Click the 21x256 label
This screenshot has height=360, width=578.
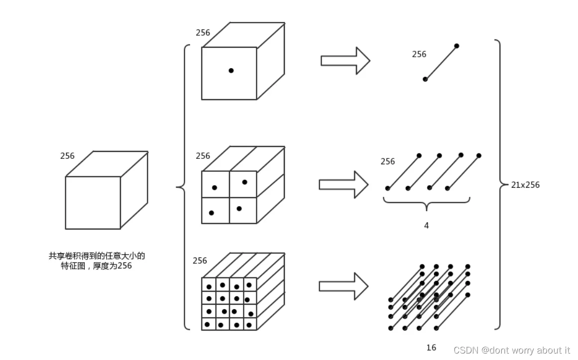click(x=525, y=185)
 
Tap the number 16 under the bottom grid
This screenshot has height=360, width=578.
click(x=431, y=348)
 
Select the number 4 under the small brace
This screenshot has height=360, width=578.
click(x=427, y=226)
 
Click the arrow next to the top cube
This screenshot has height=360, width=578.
click(x=346, y=61)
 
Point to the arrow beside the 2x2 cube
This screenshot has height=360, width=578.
click(x=344, y=184)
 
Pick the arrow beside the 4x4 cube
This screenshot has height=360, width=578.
click(x=344, y=286)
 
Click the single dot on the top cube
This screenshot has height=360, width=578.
click(x=231, y=70)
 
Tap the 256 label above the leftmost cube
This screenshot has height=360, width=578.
click(x=67, y=156)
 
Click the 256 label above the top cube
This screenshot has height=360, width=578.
click(x=203, y=33)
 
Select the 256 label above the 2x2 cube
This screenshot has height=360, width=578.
click(x=203, y=156)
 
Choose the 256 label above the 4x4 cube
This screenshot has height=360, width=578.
click(x=200, y=261)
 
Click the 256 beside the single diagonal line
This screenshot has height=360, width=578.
click(x=419, y=54)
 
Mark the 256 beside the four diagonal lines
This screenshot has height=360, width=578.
click(x=388, y=161)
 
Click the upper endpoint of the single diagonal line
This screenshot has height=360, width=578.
click(x=457, y=46)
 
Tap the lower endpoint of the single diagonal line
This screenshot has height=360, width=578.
click(x=425, y=79)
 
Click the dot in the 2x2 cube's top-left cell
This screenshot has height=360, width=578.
click(x=215, y=188)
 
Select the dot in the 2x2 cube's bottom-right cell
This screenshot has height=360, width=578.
click(x=239, y=209)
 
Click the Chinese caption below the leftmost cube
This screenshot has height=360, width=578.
click(x=97, y=261)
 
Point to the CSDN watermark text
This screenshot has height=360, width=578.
click(x=512, y=350)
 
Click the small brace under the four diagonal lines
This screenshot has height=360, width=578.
click(x=427, y=203)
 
